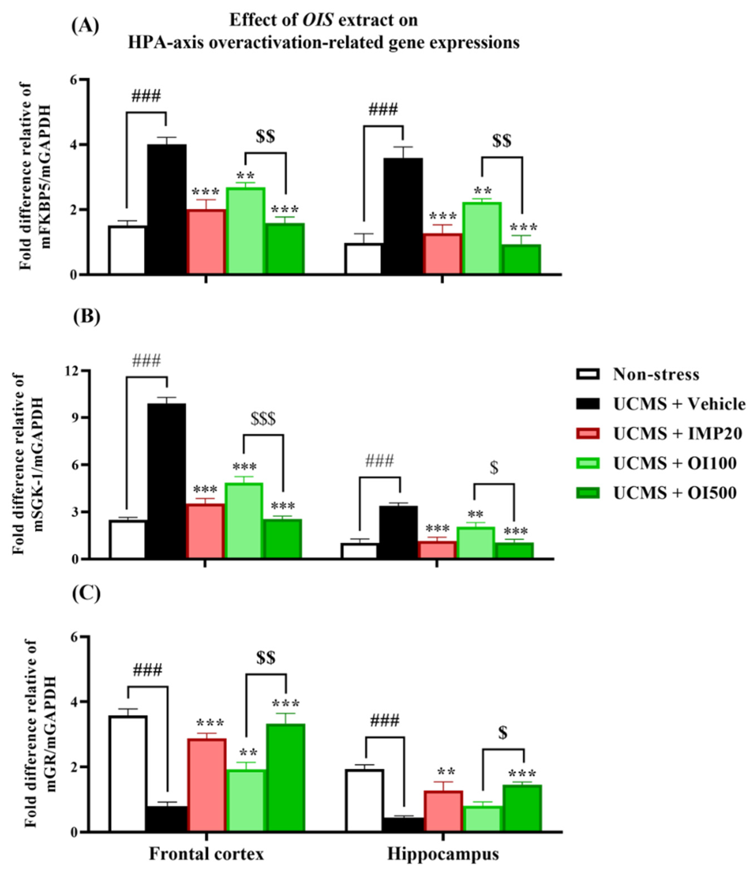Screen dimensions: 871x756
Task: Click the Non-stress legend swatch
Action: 587,374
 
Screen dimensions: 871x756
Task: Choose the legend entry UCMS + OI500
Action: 675,493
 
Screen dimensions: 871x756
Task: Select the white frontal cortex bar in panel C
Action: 128,773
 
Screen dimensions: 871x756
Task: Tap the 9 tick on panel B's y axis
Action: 75,418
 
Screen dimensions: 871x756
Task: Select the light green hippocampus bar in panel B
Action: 475,543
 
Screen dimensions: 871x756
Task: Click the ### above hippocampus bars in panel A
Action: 383,110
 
